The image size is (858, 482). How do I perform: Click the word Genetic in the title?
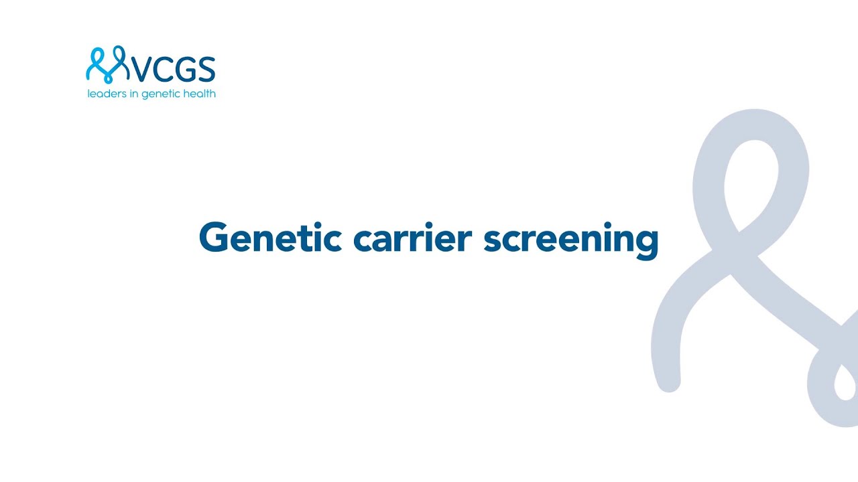point(270,238)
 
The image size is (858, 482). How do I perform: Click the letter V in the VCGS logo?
point(140,70)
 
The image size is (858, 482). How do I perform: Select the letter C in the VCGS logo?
point(162,70)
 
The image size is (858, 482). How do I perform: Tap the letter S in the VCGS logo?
point(205,70)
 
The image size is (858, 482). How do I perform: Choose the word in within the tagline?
point(132,94)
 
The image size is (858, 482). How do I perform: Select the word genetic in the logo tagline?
point(160,94)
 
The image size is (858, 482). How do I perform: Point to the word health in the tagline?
point(199,94)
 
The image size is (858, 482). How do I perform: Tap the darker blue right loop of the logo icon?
point(119,60)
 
